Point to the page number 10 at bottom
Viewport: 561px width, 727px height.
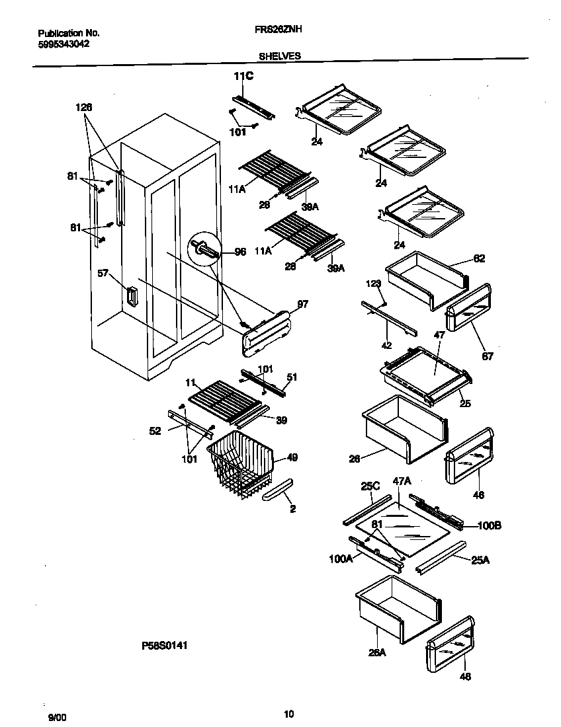point(288,713)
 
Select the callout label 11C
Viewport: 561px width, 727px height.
point(243,77)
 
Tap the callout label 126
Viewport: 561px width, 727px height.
point(84,107)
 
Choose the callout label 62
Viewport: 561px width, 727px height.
point(480,258)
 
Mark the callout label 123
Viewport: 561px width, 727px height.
point(374,283)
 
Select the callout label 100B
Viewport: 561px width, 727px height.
point(489,525)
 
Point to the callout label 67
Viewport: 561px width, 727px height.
point(488,356)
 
